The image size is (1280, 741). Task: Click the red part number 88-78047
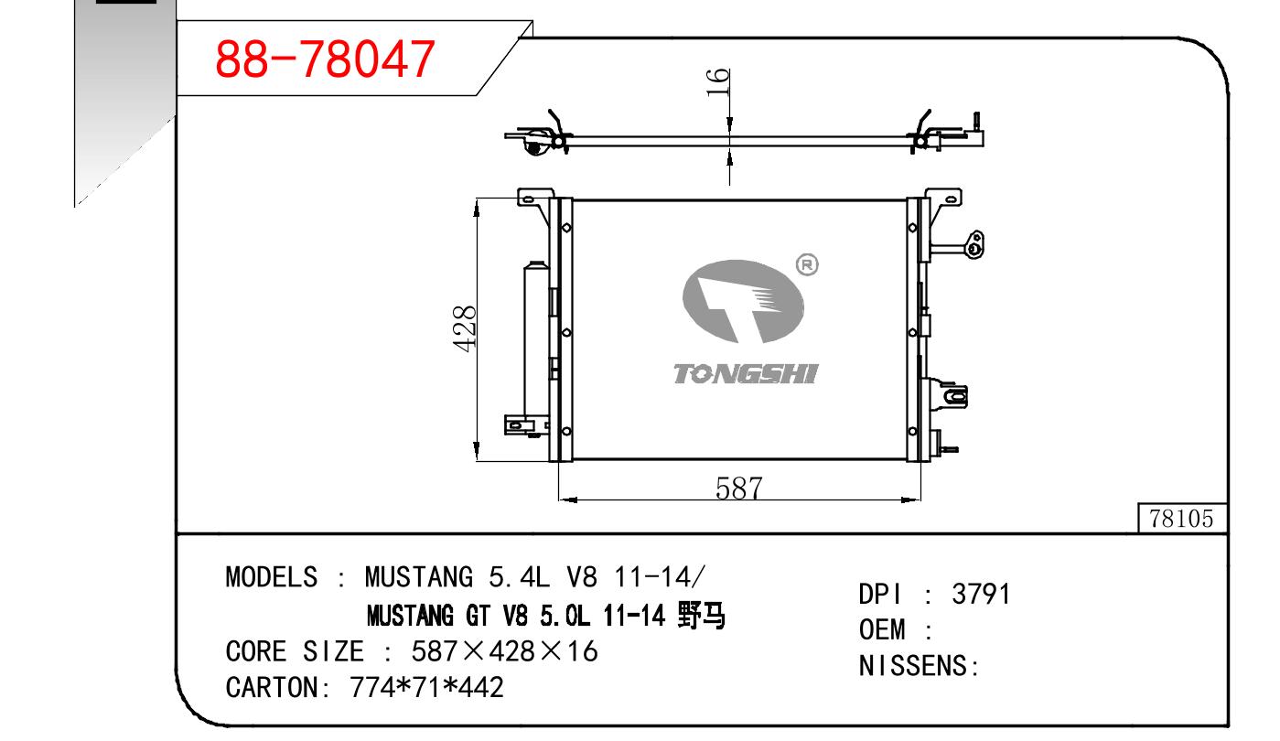(x=325, y=59)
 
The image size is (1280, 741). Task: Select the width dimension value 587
(x=739, y=489)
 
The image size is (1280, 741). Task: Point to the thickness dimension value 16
(x=718, y=82)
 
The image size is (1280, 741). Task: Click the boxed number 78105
(x=1181, y=519)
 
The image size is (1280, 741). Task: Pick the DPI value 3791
(x=981, y=594)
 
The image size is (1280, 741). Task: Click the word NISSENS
(x=912, y=666)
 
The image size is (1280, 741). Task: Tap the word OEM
(x=882, y=630)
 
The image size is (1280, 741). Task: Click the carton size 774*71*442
(x=427, y=687)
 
